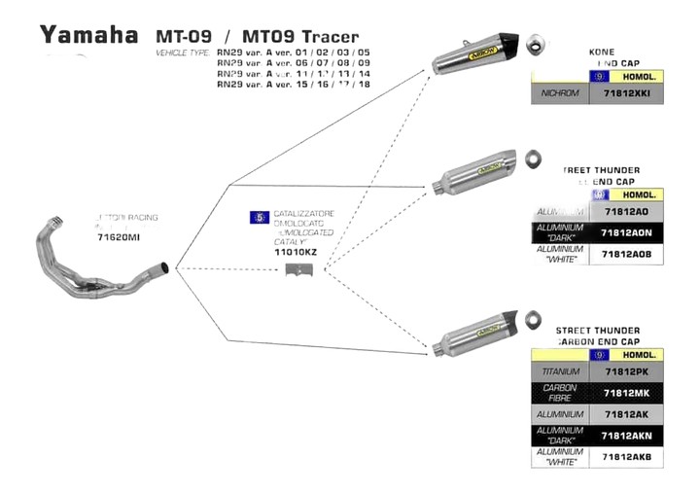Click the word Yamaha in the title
coord(88,35)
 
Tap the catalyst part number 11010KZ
coord(297,252)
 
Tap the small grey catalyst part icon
coord(297,269)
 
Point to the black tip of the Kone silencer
coord(508,44)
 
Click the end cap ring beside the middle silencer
coord(532,158)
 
